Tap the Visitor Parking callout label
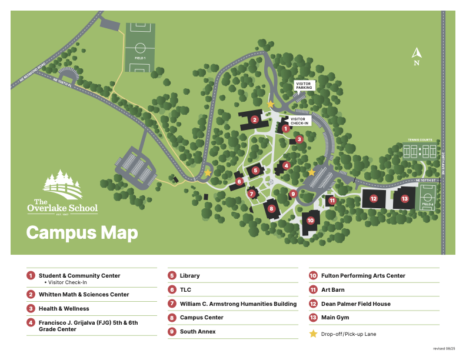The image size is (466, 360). point(304,86)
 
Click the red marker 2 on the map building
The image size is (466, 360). point(255,119)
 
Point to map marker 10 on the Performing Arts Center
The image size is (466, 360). point(311,220)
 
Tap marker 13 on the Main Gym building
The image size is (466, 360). point(404,199)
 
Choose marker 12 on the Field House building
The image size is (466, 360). point(374,199)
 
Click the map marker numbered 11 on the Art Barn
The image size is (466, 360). point(332,201)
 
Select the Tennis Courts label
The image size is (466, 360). point(420,140)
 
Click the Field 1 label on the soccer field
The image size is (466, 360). point(140,58)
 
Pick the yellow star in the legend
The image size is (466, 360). point(313,334)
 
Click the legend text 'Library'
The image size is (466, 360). point(189,275)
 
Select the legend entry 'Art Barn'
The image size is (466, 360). point(332,289)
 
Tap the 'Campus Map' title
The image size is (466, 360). point(82,232)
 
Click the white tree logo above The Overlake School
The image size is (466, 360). point(62,185)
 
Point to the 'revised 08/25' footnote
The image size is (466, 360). point(444,349)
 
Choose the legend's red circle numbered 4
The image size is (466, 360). point(31,322)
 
